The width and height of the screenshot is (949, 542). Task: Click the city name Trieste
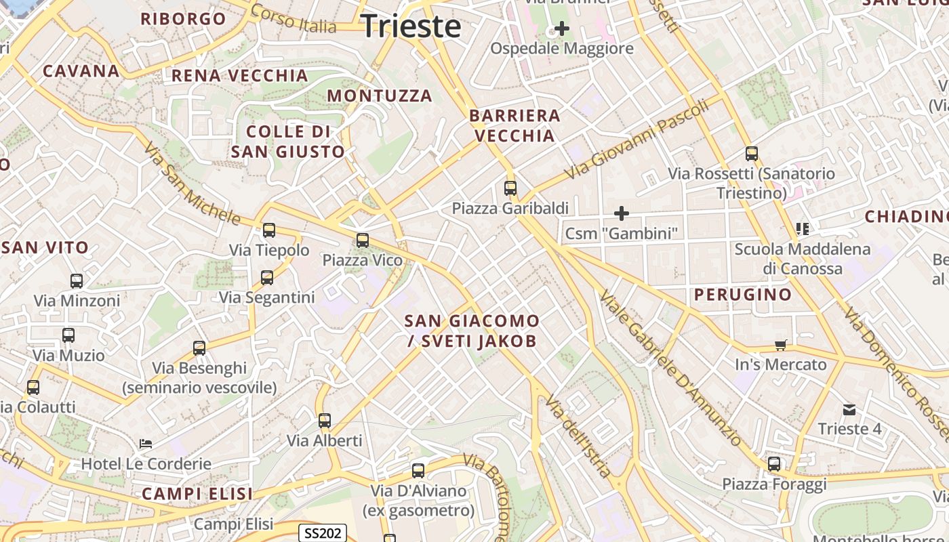click(411, 26)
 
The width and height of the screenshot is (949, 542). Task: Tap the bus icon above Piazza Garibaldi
click(510, 188)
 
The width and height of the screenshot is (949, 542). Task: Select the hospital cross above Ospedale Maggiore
click(561, 28)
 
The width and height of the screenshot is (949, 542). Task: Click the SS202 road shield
click(323, 533)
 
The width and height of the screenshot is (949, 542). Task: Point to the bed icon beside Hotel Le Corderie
click(146, 444)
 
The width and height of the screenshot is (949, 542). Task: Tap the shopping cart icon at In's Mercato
click(781, 346)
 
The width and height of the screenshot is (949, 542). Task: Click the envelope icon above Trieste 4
click(849, 409)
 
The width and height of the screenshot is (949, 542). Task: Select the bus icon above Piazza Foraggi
click(774, 464)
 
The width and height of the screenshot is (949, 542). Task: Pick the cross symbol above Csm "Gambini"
click(621, 214)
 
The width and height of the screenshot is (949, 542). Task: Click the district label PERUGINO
click(743, 295)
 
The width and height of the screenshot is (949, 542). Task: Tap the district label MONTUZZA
click(380, 96)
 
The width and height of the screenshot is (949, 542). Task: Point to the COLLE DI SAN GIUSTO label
click(288, 142)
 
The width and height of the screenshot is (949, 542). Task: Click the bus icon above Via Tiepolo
click(269, 230)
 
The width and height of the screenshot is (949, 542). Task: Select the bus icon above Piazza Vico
click(363, 240)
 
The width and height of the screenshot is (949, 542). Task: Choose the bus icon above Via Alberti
click(325, 421)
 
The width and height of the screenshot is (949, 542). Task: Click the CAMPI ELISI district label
click(197, 494)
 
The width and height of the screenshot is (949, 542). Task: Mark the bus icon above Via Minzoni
click(77, 280)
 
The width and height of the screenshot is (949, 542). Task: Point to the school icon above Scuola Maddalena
click(803, 229)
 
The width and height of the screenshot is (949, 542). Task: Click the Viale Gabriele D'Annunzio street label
click(671, 368)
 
